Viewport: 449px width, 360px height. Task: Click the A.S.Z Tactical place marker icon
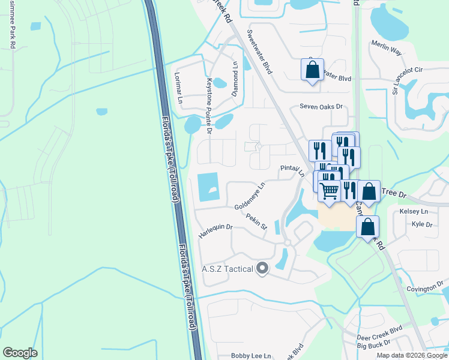[x=261, y=268]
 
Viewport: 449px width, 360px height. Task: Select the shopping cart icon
[x=329, y=191]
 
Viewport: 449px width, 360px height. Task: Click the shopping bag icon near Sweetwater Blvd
[x=312, y=70]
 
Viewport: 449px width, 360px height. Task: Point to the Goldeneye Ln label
[x=249, y=196]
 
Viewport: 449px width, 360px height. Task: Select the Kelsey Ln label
[x=414, y=212]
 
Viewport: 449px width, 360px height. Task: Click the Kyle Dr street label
[x=422, y=224]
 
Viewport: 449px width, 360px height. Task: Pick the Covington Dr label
[x=424, y=289]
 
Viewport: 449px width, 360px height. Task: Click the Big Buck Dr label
[x=373, y=345]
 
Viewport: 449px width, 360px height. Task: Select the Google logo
[x=20, y=353]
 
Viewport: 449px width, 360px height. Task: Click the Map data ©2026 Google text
[x=411, y=355]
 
